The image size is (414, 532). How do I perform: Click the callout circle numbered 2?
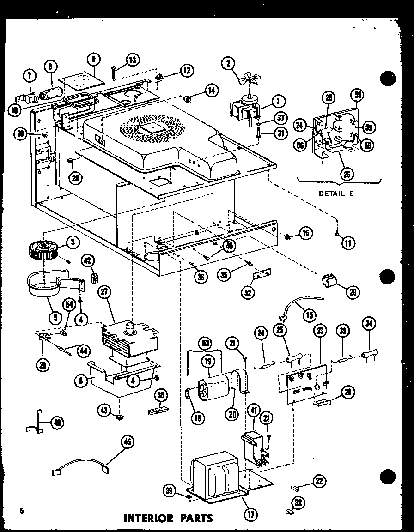click(228, 64)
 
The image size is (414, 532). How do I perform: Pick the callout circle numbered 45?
click(127, 442)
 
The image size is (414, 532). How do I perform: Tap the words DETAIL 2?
click(336, 193)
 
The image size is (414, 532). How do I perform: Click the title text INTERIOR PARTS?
click(168, 518)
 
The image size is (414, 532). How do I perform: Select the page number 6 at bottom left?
click(21, 510)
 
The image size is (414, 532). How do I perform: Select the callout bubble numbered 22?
click(318, 481)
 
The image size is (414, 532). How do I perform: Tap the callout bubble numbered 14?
click(211, 90)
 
